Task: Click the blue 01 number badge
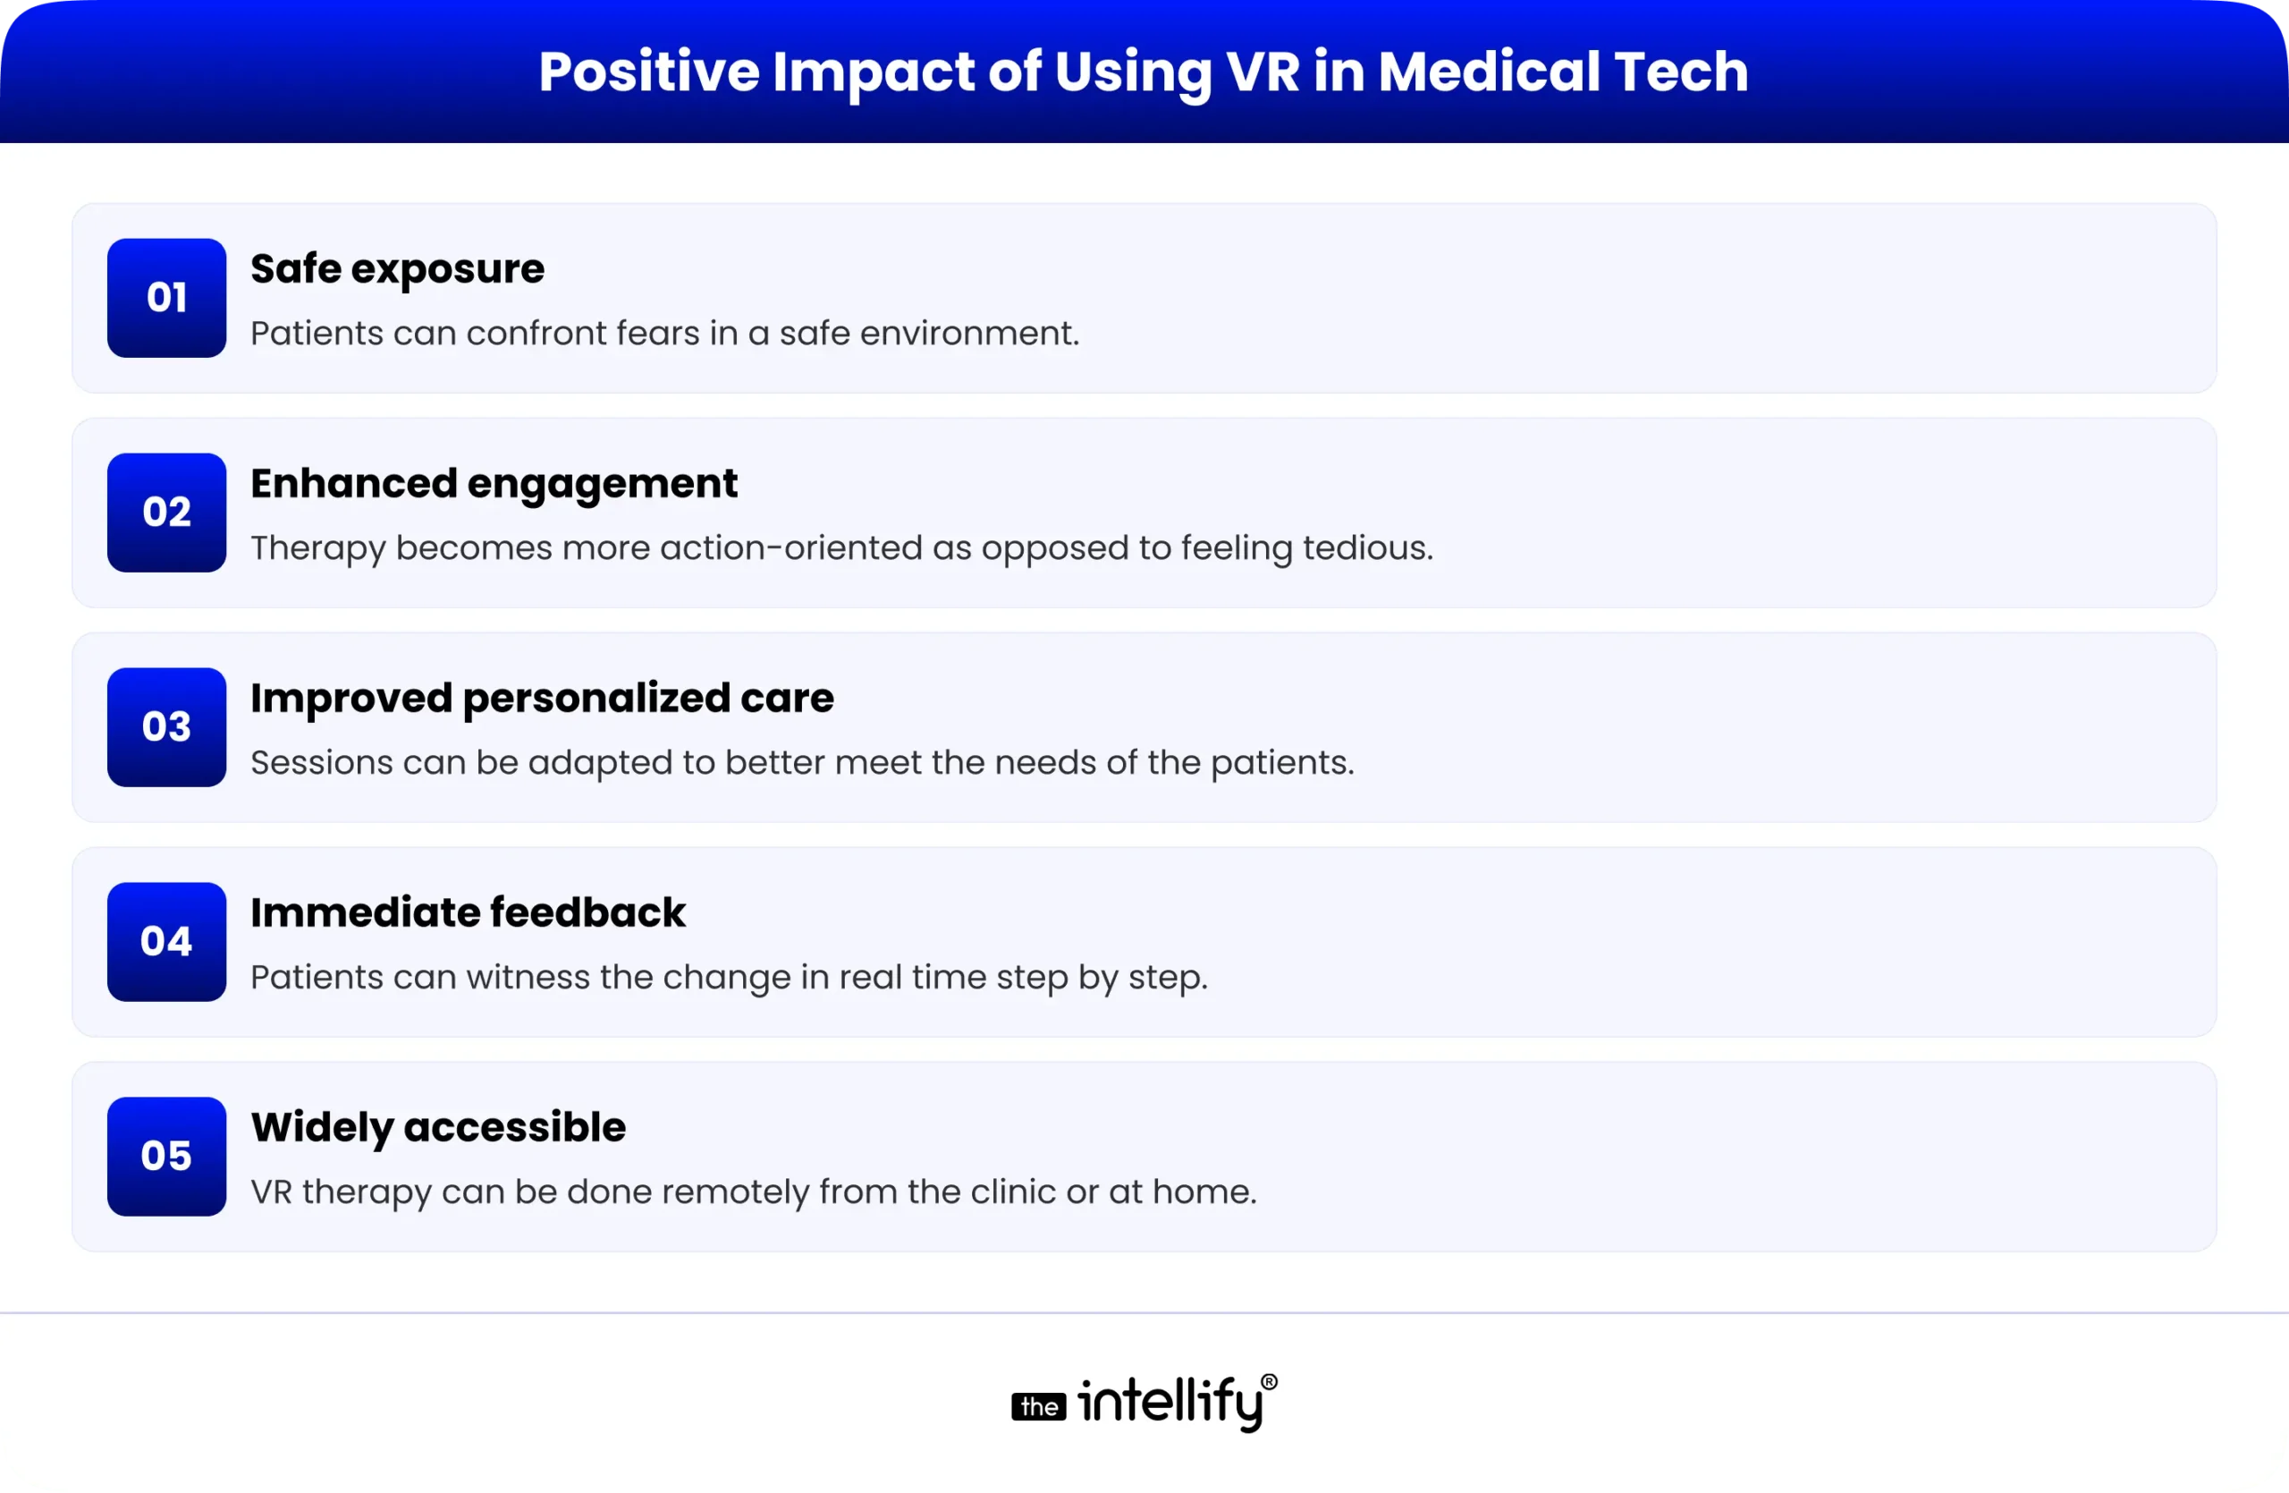tap(166, 297)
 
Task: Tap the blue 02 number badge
tap(166, 512)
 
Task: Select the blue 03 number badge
tap(166, 726)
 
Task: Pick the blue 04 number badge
tap(166, 941)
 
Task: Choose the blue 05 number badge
tap(166, 1156)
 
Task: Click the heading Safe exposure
tap(397, 268)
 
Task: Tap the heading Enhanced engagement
tap(494, 483)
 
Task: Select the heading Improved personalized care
tap(542, 698)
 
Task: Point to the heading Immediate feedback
tap(468, 912)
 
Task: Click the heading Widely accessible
tap(437, 1126)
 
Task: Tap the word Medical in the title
tap(1489, 72)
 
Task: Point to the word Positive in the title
tap(648, 72)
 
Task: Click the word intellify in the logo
tap(1170, 1402)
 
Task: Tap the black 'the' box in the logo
tap(1039, 1406)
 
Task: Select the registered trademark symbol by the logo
tap(1270, 1382)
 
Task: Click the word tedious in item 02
tap(1368, 547)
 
